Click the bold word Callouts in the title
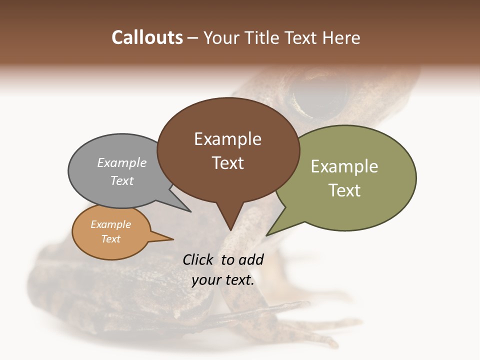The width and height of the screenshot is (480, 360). (147, 37)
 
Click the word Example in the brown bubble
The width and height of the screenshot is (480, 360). (227, 139)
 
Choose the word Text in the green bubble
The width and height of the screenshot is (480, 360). (344, 190)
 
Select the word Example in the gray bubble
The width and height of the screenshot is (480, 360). (122, 163)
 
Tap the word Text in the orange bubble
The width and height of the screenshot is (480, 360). (111, 239)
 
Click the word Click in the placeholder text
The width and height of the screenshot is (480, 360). (198, 259)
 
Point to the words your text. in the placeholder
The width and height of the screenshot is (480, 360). (223, 280)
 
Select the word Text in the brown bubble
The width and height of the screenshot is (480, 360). (227, 163)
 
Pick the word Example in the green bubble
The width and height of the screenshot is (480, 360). (344, 166)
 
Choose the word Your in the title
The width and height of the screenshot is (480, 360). (220, 37)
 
